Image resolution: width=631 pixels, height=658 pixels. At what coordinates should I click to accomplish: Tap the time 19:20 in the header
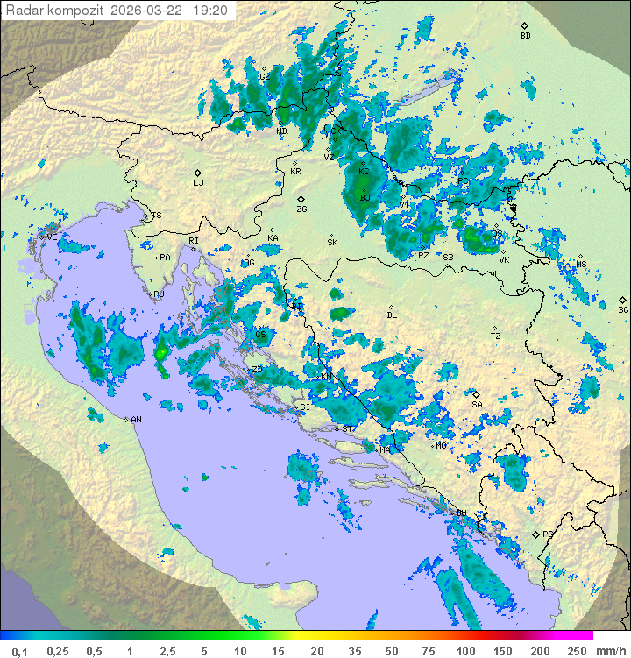pyautogui.click(x=209, y=11)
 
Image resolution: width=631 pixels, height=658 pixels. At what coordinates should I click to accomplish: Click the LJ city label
pyautogui.click(x=198, y=183)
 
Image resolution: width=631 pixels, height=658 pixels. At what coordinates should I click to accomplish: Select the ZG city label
pyautogui.click(x=301, y=209)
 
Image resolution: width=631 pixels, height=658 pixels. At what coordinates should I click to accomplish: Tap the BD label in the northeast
pyautogui.click(x=525, y=36)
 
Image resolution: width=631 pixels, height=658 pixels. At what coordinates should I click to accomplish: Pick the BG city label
pyautogui.click(x=623, y=310)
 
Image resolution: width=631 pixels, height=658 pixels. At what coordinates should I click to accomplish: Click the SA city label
pyautogui.click(x=477, y=405)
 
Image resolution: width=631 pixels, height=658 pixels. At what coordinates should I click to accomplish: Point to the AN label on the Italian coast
pyautogui.click(x=136, y=420)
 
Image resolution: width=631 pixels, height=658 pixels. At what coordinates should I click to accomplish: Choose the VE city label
pyautogui.click(x=52, y=237)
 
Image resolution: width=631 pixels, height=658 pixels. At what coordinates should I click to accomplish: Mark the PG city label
pyautogui.click(x=548, y=534)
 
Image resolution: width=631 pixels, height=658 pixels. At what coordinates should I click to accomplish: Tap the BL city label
pyautogui.click(x=392, y=315)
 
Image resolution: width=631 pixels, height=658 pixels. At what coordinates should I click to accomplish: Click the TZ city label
pyautogui.click(x=496, y=336)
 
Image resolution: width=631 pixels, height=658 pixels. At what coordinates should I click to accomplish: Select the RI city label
pyautogui.click(x=194, y=240)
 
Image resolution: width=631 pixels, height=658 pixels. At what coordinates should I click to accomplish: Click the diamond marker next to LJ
pyautogui.click(x=198, y=173)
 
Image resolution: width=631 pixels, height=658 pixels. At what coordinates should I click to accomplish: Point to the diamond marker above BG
pyautogui.click(x=623, y=300)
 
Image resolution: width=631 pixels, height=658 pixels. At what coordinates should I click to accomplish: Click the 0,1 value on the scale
pyautogui.click(x=19, y=651)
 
